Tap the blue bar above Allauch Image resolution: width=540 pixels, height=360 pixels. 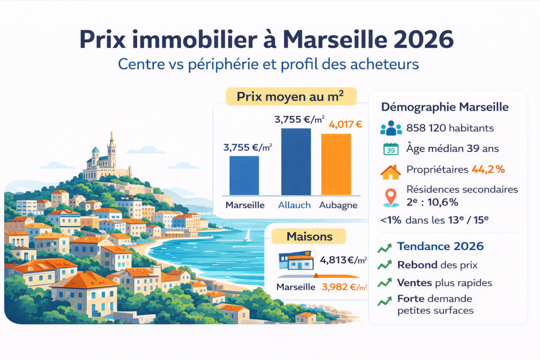[296, 162]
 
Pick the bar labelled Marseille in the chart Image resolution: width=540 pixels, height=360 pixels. [244, 176]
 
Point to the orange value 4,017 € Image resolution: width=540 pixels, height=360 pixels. [345, 125]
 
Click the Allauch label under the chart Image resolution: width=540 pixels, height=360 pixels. [295, 206]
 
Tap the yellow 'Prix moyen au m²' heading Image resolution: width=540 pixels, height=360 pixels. [291, 97]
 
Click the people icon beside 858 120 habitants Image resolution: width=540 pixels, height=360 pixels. [391, 128]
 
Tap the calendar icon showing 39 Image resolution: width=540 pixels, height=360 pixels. [391, 149]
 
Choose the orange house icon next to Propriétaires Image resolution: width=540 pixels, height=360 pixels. [390, 171]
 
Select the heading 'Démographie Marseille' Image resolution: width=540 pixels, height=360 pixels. [445, 107]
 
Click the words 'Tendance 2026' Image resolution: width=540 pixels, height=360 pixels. [440, 246]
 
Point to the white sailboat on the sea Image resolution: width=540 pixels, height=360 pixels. [247, 235]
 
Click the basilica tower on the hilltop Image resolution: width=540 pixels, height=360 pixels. [111, 149]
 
